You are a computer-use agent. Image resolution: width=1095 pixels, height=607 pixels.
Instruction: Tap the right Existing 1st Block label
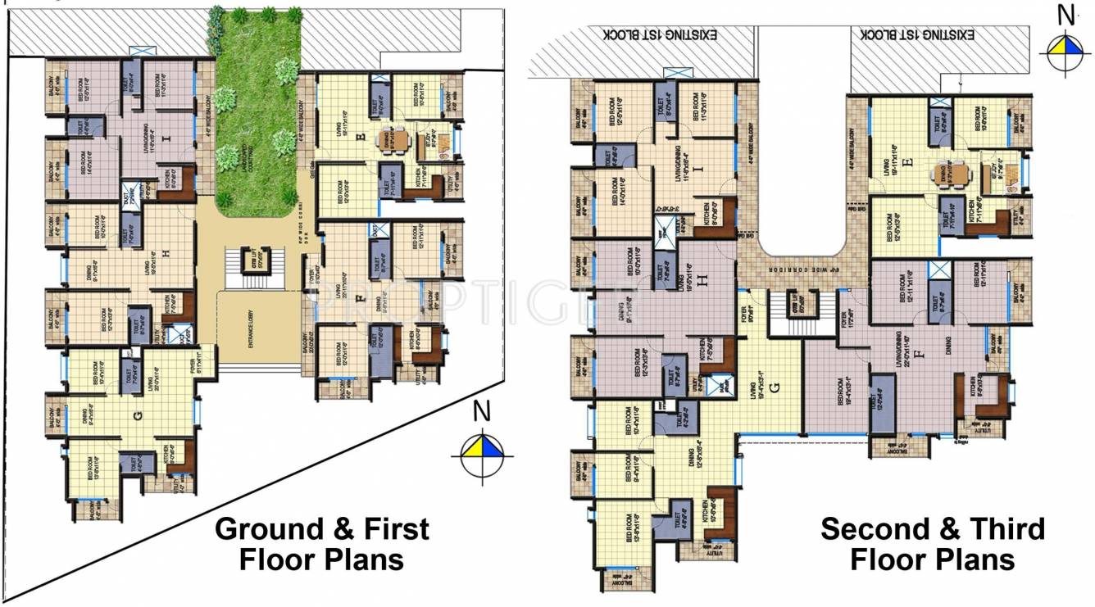click(x=917, y=35)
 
